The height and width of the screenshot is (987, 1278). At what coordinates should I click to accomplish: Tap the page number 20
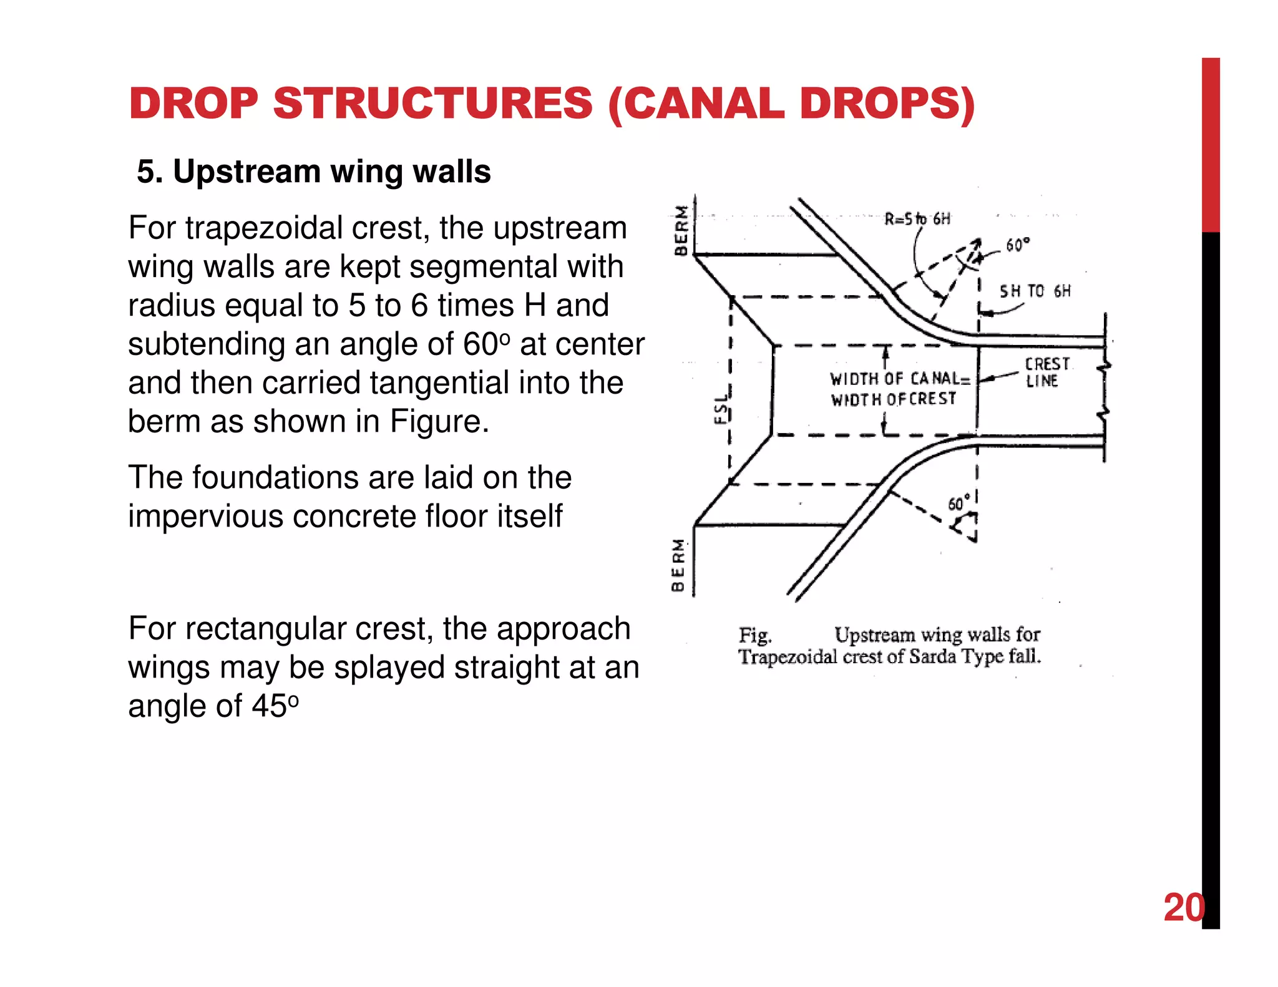click(1183, 907)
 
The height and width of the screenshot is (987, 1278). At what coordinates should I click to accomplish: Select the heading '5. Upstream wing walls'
click(314, 172)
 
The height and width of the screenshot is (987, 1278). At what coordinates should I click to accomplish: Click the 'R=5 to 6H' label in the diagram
click(917, 219)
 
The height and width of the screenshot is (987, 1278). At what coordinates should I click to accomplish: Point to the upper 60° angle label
click(1017, 245)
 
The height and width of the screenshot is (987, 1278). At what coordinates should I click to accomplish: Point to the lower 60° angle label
click(958, 503)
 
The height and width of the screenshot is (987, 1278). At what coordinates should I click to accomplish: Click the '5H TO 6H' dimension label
click(1035, 291)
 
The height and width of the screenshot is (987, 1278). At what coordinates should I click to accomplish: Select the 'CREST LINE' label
click(1046, 372)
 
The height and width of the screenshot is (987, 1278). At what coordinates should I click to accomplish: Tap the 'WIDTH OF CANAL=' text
click(899, 379)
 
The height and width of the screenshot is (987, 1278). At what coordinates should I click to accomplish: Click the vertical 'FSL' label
click(721, 409)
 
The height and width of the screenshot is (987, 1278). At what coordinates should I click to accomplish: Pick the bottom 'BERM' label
click(678, 565)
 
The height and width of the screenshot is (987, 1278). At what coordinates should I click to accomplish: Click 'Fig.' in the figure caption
click(755, 635)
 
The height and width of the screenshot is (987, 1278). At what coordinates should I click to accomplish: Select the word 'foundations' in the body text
click(275, 478)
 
